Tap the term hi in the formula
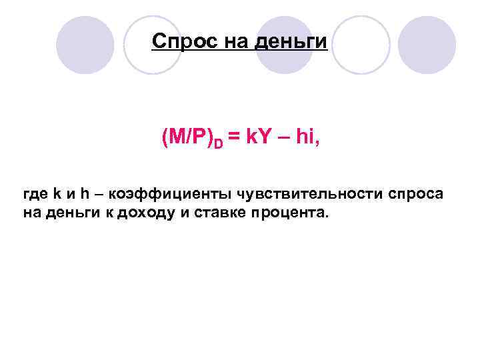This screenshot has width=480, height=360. (303, 138)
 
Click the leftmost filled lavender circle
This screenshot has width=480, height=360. (85, 45)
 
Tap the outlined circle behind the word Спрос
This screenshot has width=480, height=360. (153, 45)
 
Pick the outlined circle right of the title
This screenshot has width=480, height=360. (360, 45)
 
